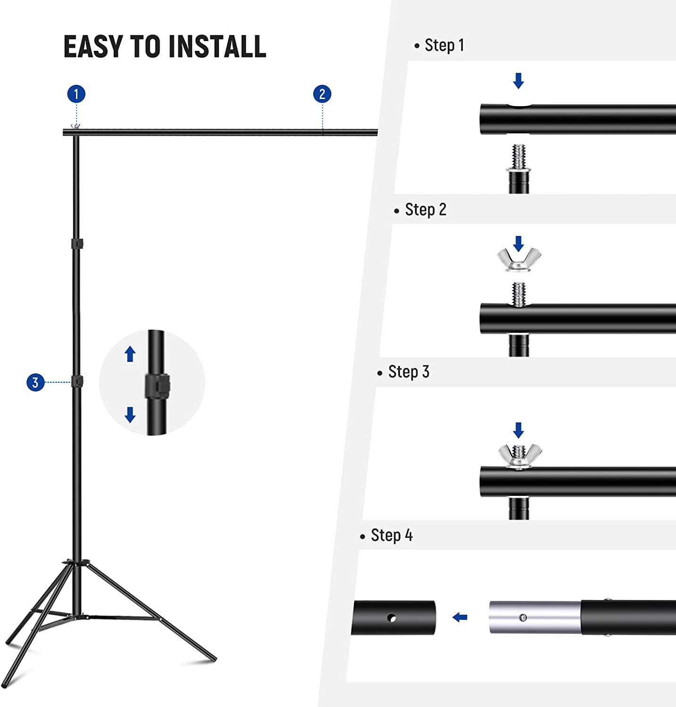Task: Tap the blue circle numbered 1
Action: pyautogui.click(x=76, y=94)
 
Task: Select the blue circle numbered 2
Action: pyautogui.click(x=322, y=94)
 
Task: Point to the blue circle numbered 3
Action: pyautogui.click(x=35, y=382)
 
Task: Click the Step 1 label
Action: pyautogui.click(x=444, y=45)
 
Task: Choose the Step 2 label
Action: pyautogui.click(x=425, y=209)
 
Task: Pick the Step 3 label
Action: pyautogui.click(x=408, y=372)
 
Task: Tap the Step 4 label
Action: pyautogui.click(x=391, y=535)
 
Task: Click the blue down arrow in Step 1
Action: pyautogui.click(x=518, y=81)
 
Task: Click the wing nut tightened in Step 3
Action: pyautogui.click(x=519, y=455)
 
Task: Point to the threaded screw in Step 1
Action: pyautogui.click(x=519, y=157)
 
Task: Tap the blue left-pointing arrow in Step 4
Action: pyautogui.click(x=459, y=617)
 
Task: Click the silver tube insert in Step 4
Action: pyautogui.click(x=534, y=617)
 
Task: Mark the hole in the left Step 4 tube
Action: pyautogui.click(x=391, y=617)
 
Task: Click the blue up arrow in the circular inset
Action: pyautogui.click(x=130, y=353)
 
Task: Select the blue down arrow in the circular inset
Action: pyautogui.click(x=130, y=415)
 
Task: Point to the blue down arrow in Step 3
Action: pyautogui.click(x=518, y=430)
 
